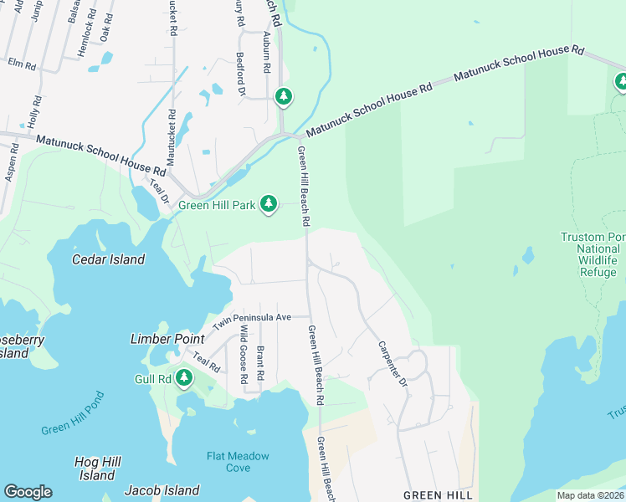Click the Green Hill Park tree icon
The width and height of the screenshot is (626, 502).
[x=269, y=203]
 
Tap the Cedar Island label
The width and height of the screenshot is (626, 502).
[x=108, y=259]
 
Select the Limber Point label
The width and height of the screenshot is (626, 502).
[x=167, y=339]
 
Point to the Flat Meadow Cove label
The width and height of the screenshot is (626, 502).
[x=239, y=462]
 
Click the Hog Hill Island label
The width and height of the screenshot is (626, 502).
[x=98, y=469]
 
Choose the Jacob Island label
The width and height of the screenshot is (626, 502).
[x=162, y=490]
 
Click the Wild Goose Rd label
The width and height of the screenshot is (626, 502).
[x=244, y=355]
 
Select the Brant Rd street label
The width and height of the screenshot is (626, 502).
[x=260, y=359]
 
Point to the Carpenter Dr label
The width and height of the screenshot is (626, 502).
[x=391, y=363]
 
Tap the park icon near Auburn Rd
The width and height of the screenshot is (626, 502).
[x=284, y=97]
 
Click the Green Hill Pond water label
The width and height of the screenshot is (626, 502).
[x=73, y=413]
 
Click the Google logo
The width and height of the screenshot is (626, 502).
[x=28, y=492]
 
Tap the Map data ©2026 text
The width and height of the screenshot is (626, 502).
[x=590, y=495]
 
